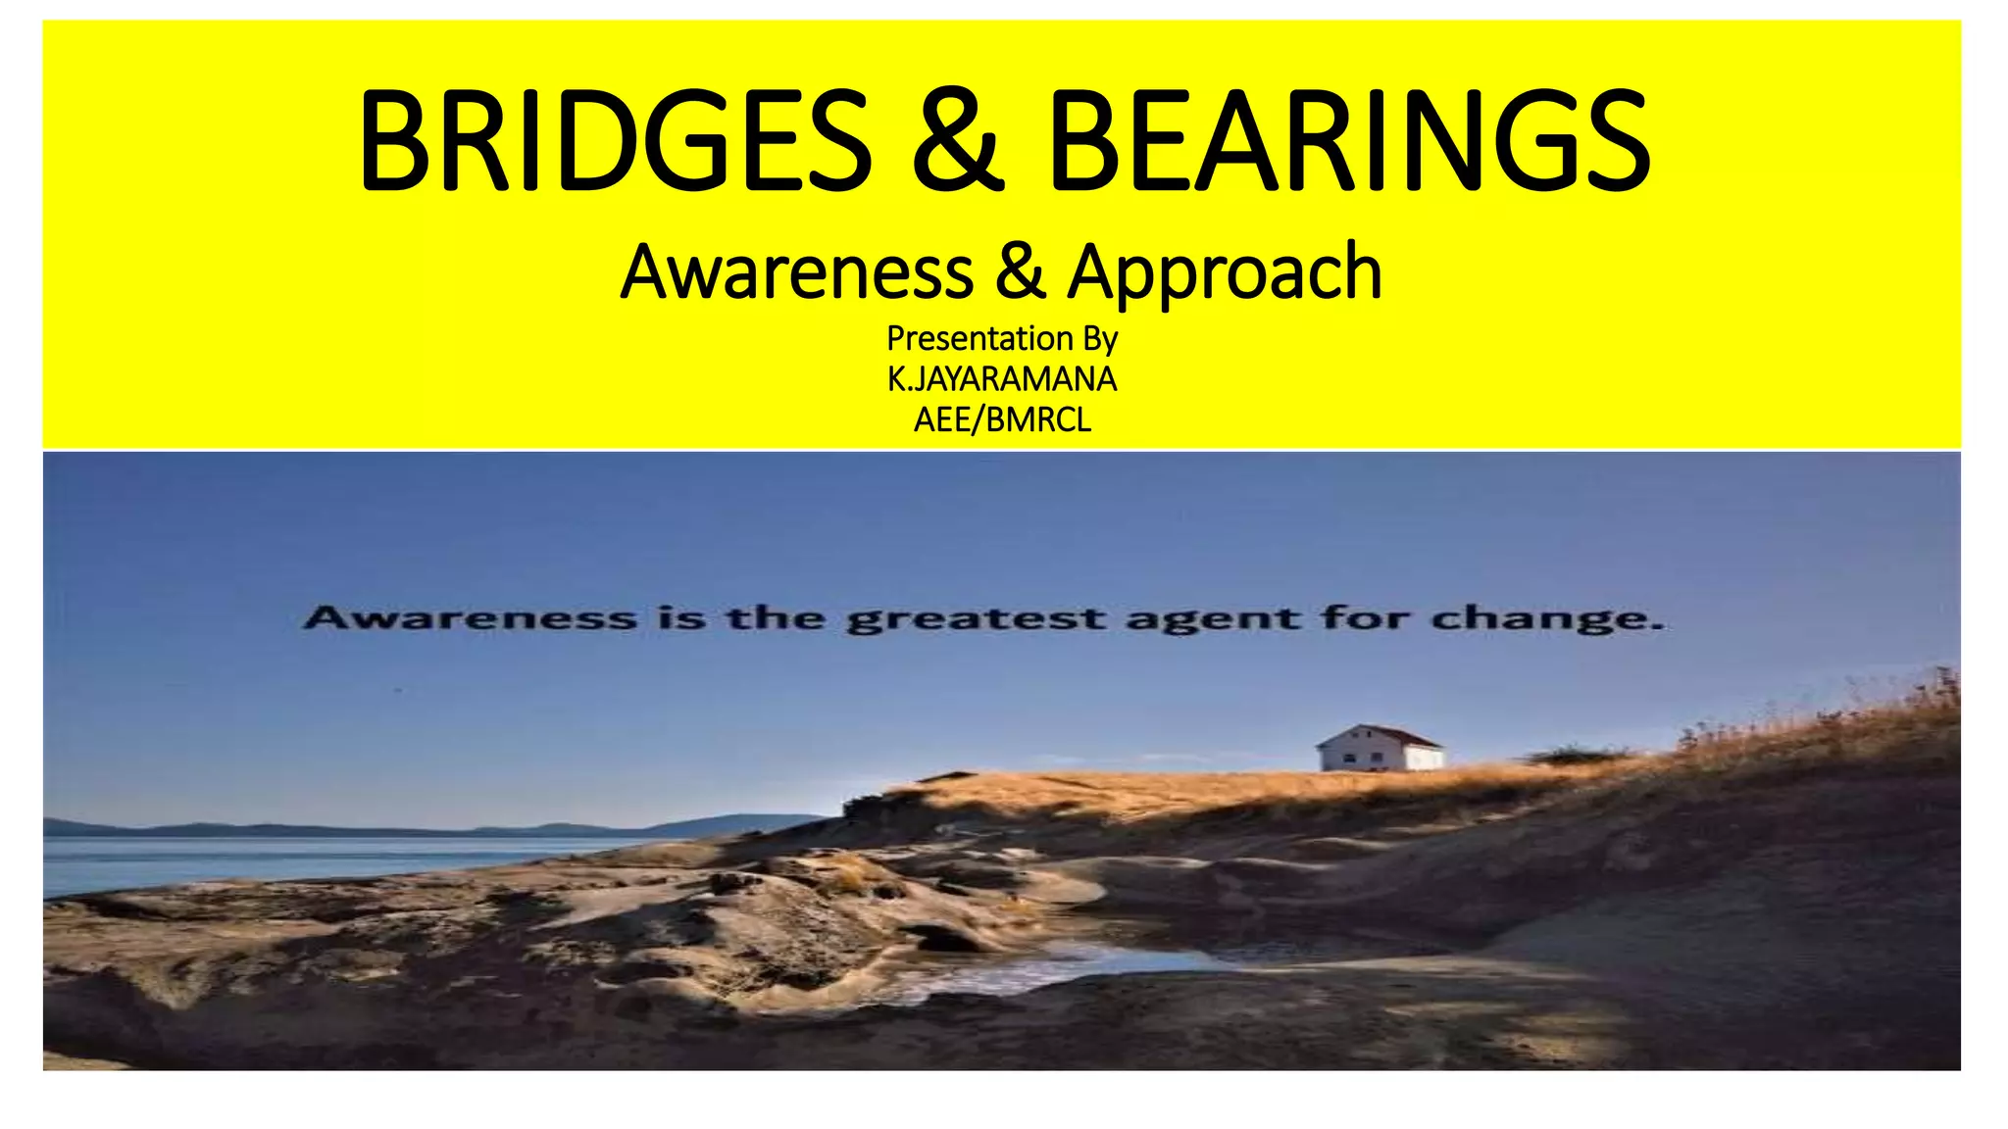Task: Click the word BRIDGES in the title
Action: pyautogui.click(x=616, y=141)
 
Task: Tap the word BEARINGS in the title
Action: pyautogui.click(x=1349, y=141)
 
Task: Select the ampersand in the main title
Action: pyautogui.click(x=958, y=141)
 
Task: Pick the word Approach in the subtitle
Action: pyautogui.click(x=1226, y=273)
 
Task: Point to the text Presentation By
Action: pyautogui.click(x=1002, y=339)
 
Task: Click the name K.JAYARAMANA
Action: pyautogui.click(x=1002, y=379)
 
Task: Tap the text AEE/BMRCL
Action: pyautogui.click(x=1002, y=420)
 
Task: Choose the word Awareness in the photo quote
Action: pyautogui.click(x=470, y=618)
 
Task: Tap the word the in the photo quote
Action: pyautogui.click(x=775, y=618)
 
